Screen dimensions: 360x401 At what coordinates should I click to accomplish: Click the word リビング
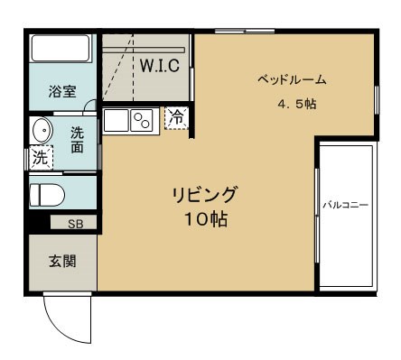[x=206, y=194]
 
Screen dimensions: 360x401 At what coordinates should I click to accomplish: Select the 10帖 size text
[x=206, y=218]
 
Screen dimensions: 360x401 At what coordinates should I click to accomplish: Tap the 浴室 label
[x=62, y=91]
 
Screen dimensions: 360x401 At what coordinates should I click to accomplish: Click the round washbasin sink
[x=42, y=132]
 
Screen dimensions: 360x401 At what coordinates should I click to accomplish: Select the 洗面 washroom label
[x=78, y=140]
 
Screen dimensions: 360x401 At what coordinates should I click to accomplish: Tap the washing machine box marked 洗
[x=41, y=158]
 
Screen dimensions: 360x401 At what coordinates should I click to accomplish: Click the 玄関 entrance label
[x=61, y=263]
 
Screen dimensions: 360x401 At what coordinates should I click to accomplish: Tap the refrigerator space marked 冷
[x=177, y=116]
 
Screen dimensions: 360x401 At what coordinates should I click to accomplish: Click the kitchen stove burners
[x=143, y=119]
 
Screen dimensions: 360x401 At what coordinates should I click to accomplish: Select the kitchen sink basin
[x=117, y=119]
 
